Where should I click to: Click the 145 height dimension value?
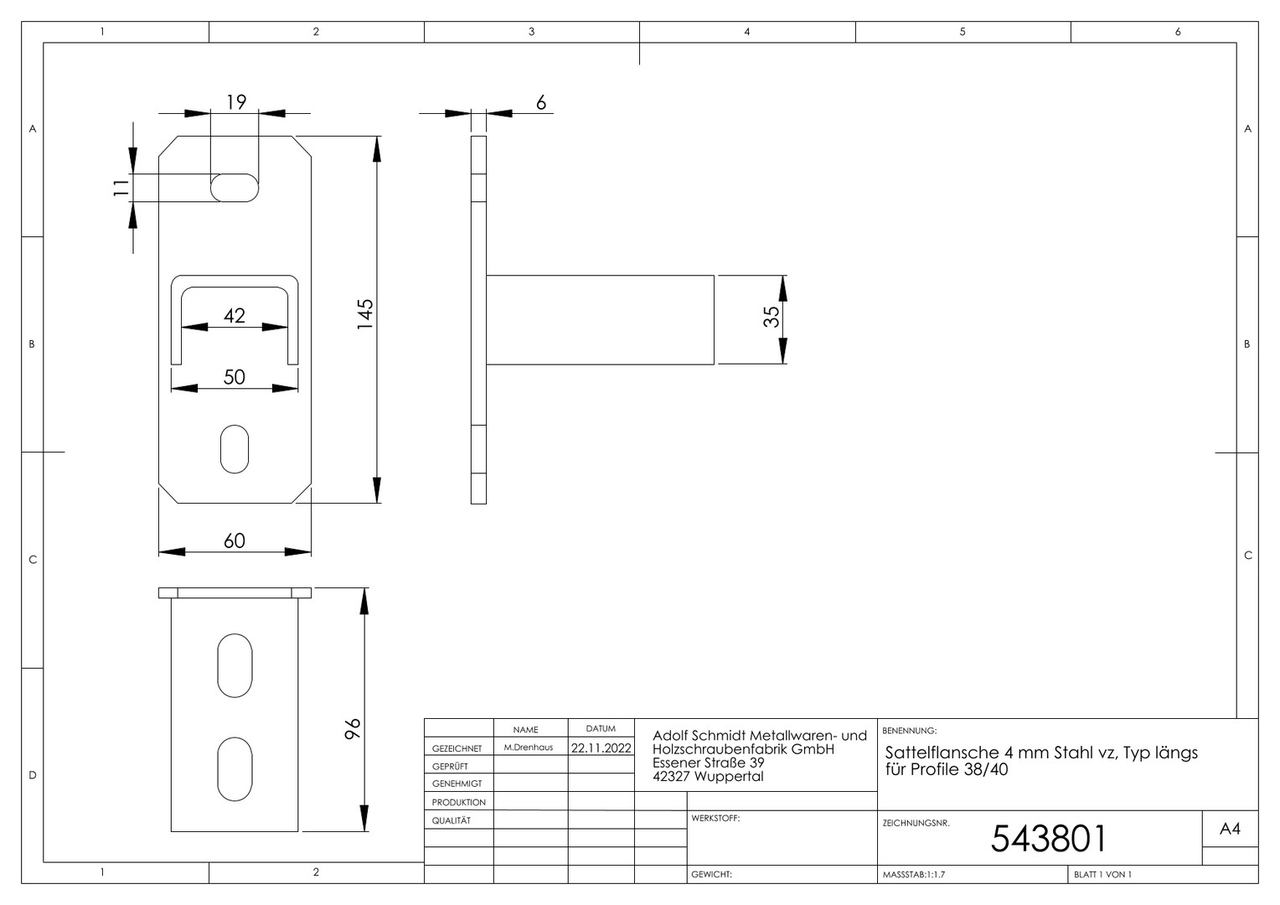coord(365,314)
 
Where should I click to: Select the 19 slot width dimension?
coord(236,102)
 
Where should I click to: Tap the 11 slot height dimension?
coord(121,188)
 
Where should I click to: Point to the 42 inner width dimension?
coord(235,316)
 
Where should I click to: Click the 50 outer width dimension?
coord(235,377)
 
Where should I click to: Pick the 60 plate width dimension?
coord(235,540)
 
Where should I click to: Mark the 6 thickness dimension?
coord(541,103)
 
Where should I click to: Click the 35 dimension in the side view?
coord(772,317)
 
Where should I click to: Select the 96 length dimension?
coord(354,729)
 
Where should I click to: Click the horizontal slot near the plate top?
coord(235,188)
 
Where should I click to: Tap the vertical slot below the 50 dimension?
coord(235,449)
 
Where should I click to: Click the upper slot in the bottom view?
coord(235,665)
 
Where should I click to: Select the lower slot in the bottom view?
coord(235,769)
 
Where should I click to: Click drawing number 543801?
coord(1049,839)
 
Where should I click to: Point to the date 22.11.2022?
coord(601,747)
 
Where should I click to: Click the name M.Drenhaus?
coord(529,747)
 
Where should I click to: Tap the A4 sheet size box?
coord(1231,829)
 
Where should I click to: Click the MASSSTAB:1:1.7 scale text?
coord(914,875)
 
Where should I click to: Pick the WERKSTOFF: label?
coord(715,818)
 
